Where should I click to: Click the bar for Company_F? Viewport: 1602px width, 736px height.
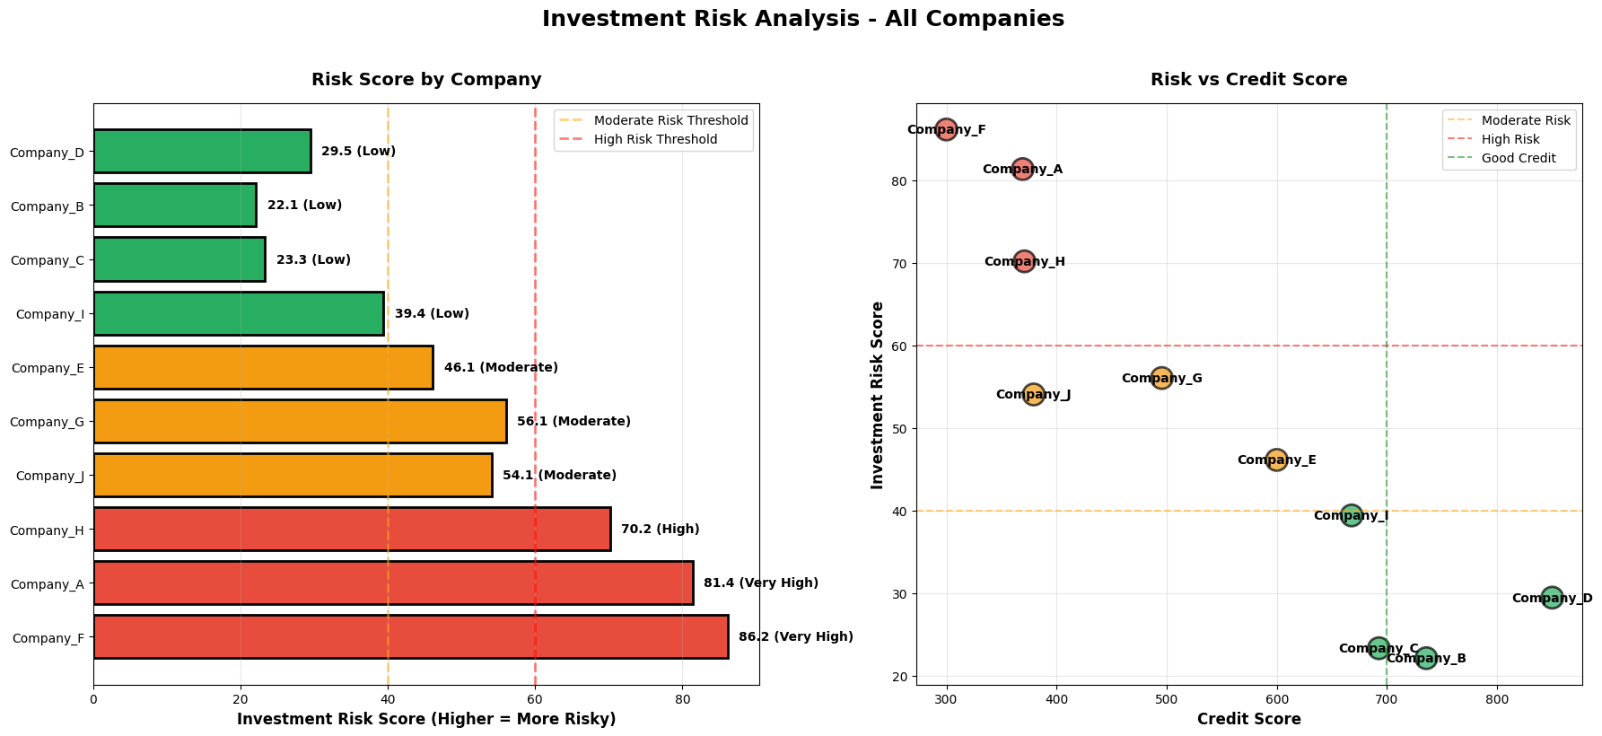pyautogui.click(x=410, y=637)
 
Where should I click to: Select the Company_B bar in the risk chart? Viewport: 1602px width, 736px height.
pyautogui.click(x=175, y=206)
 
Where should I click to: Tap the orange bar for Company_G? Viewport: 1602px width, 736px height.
pyautogui.click(x=300, y=421)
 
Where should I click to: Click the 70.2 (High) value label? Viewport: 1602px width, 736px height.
pyautogui.click(x=660, y=530)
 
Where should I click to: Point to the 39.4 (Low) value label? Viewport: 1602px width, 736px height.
pyautogui.click(x=432, y=314)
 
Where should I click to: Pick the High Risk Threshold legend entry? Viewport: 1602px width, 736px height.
pyautogui.click(x=655, y=139)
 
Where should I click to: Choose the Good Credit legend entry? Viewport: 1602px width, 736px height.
pyautogui.click(x=1519, y=158)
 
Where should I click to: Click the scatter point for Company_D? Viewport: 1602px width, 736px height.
pyautogui.click(x=1552, y=598)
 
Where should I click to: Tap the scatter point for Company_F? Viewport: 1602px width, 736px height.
pyautogui.click(x=946, y=129)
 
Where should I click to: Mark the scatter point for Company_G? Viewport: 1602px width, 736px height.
pyautogui.click(x=1161, y=378)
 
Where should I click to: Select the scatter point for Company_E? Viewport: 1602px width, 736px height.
pyautogui.click(x=1276, y=460)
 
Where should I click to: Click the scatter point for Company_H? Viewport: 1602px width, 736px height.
pyautogui.click(x=1024, y=261)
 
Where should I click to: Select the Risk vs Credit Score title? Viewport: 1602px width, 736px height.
pyautogui.click(x=1248, y=79)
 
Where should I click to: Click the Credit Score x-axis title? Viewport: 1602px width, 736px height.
pyautogui.click(x=1248, y=719)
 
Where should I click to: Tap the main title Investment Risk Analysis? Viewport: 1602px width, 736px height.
pyautogui.click(x=802, y=19)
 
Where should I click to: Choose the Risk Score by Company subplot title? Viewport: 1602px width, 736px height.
pyautogui.click(x=426, y=79)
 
